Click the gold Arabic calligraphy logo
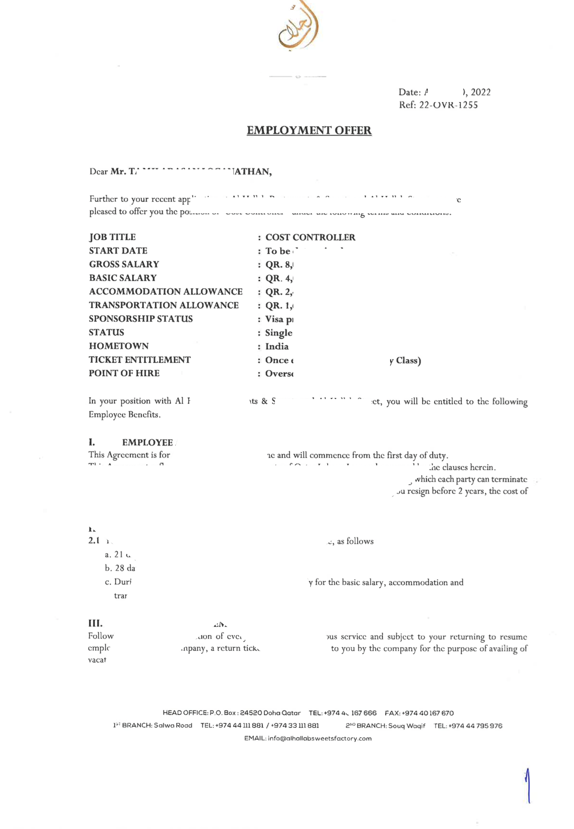pos(298,27)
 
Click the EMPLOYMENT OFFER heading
pos(309,131)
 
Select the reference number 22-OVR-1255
pos(448,105)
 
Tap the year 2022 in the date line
pos(481,92)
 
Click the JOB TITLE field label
pos(112,237)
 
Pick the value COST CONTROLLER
pos(310,237)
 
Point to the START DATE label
pos(118,251)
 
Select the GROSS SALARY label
pos(124,264)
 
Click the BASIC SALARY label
pos(123,278)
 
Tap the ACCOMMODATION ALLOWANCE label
pos(166,292)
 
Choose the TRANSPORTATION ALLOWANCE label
pos(164,305)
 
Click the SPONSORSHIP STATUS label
pos(141,319)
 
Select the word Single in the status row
pos(279,333)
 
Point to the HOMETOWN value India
pos(277,346)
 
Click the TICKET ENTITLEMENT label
pos(139,360)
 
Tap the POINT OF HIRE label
pos(124,373)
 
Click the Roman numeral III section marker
pos(95,623)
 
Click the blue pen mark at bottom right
pos(528,786)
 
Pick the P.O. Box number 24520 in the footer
pos(251,713)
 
